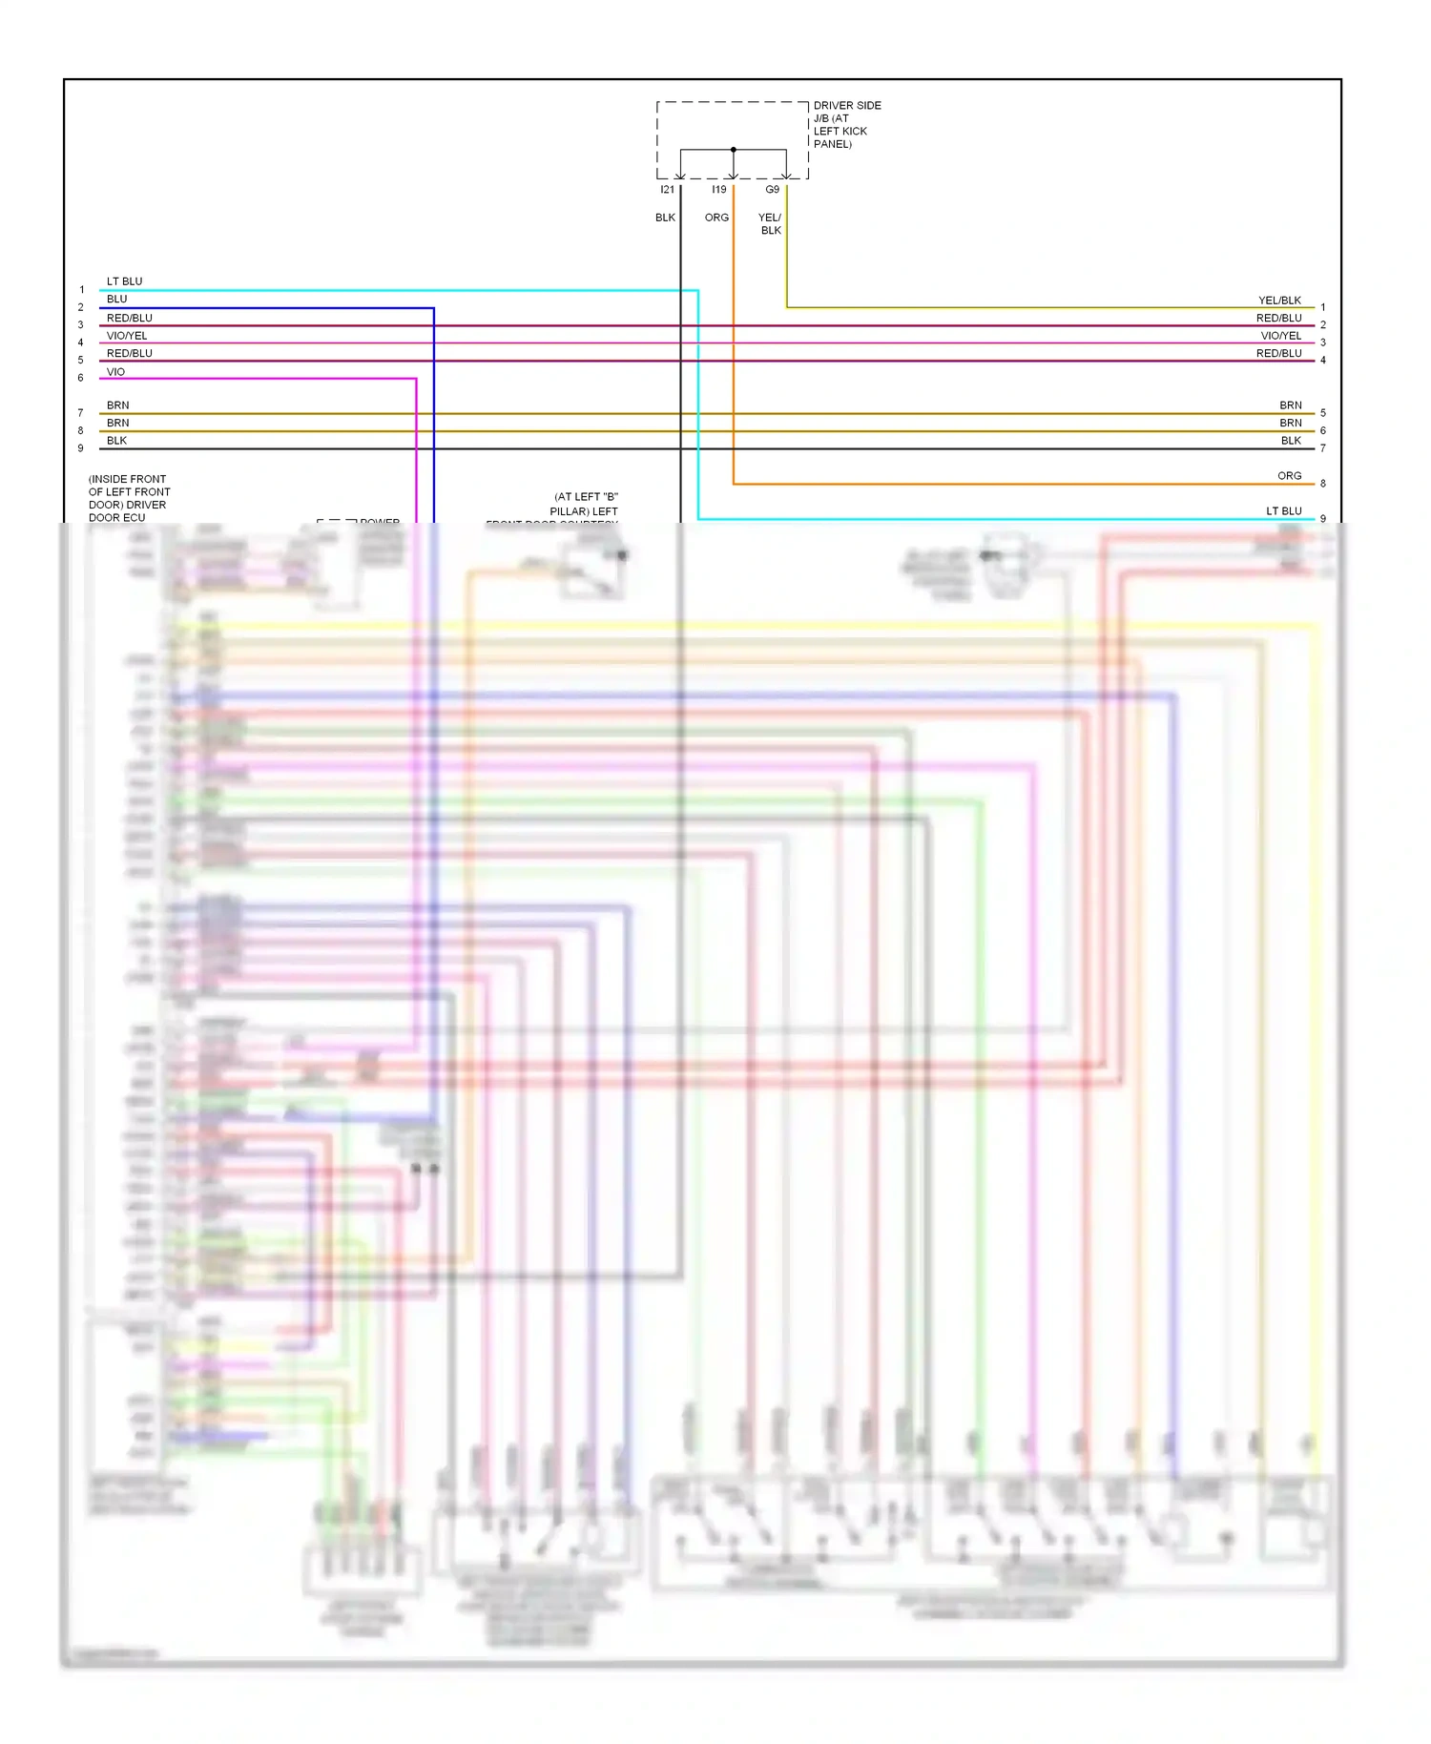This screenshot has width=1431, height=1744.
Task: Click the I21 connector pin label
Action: (x=667, y=190)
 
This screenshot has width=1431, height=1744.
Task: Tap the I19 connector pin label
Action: (x=718, y=190)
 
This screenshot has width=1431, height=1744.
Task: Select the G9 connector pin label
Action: (x=772, y=190)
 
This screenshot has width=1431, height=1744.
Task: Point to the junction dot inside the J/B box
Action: (x=733, y=150)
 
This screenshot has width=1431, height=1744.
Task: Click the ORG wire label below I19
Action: (x=716, y=218)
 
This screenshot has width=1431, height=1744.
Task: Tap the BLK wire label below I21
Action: (x=665, y=218)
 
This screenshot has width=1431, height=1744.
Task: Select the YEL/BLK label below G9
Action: (x=770, y=224)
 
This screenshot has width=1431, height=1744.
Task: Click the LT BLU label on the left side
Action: (x=124, y=281)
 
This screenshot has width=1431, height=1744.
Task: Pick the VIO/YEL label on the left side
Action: (x=127, y=336)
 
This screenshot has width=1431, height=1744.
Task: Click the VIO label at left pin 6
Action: (x=115, y=372)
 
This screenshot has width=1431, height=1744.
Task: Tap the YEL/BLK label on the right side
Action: (x=1279, y=301)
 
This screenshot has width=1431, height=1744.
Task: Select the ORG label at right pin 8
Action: (x=1289, y=476)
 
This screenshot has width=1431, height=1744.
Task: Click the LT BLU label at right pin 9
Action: (x=1283, y=511)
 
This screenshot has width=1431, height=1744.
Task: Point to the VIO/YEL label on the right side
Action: (x=1280, y=336)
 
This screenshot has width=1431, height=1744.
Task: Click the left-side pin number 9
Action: (x=81, y=448)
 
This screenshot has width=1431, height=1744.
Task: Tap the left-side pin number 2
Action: (x=81, y=307)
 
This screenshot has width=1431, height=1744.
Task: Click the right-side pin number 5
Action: (x=1323, y=413)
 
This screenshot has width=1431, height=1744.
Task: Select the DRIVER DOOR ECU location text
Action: (x=129, y=498)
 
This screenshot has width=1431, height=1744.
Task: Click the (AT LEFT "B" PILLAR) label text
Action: (x=585, y=504)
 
